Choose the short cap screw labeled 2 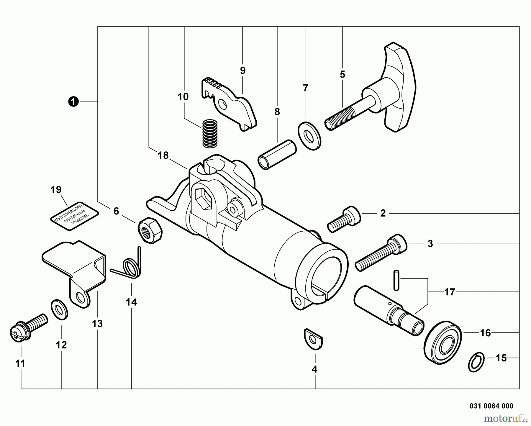[x=344, y=219]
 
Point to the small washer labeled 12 [x=60, y=309]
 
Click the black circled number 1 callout [x=73, y=102]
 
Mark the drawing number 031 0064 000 [x=491, y=406]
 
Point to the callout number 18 [x=163, y=155]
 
